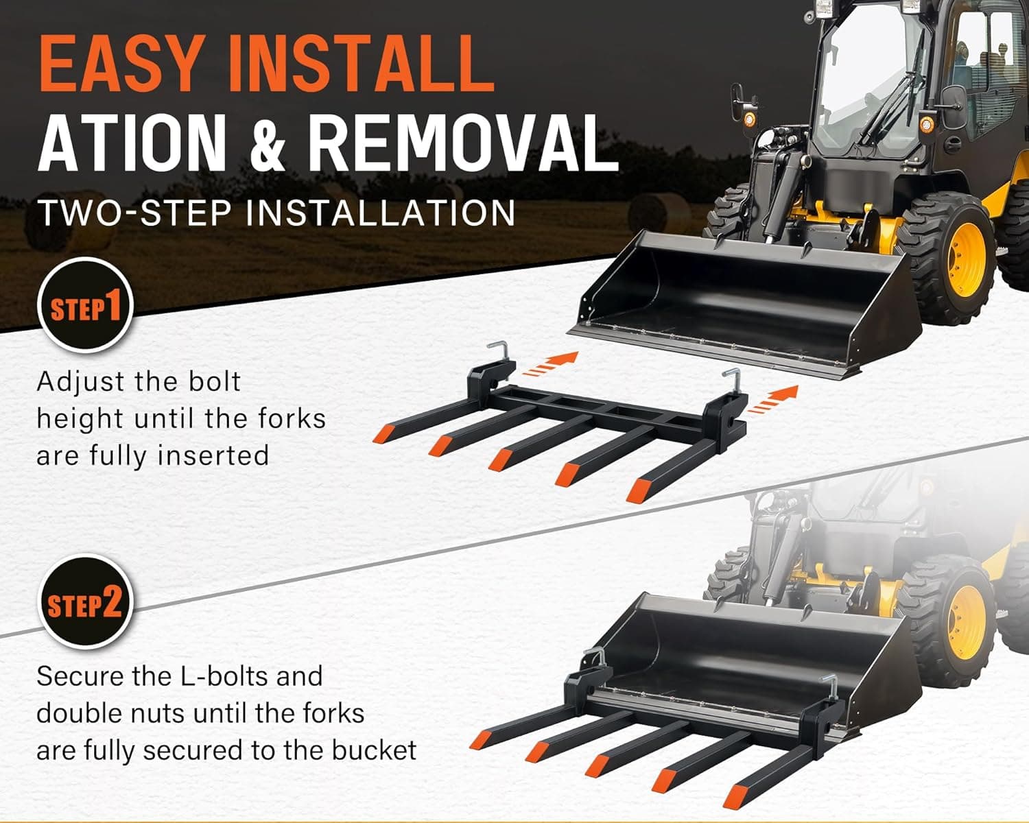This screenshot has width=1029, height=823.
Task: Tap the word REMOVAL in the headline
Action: coord(463,143)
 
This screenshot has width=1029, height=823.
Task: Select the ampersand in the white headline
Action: coord(267,143)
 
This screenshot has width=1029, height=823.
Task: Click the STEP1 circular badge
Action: coord(85,306)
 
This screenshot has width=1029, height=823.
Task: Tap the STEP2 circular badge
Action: coord(85,601)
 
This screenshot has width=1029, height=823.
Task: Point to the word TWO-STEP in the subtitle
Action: coord(135,213)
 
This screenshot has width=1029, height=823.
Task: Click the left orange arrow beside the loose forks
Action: coord(550,364)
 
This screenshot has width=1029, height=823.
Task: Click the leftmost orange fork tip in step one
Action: coord(382,433)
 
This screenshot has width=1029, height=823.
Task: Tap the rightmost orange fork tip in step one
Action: coord(639,490)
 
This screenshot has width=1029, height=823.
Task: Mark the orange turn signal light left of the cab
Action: coord(750,118)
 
